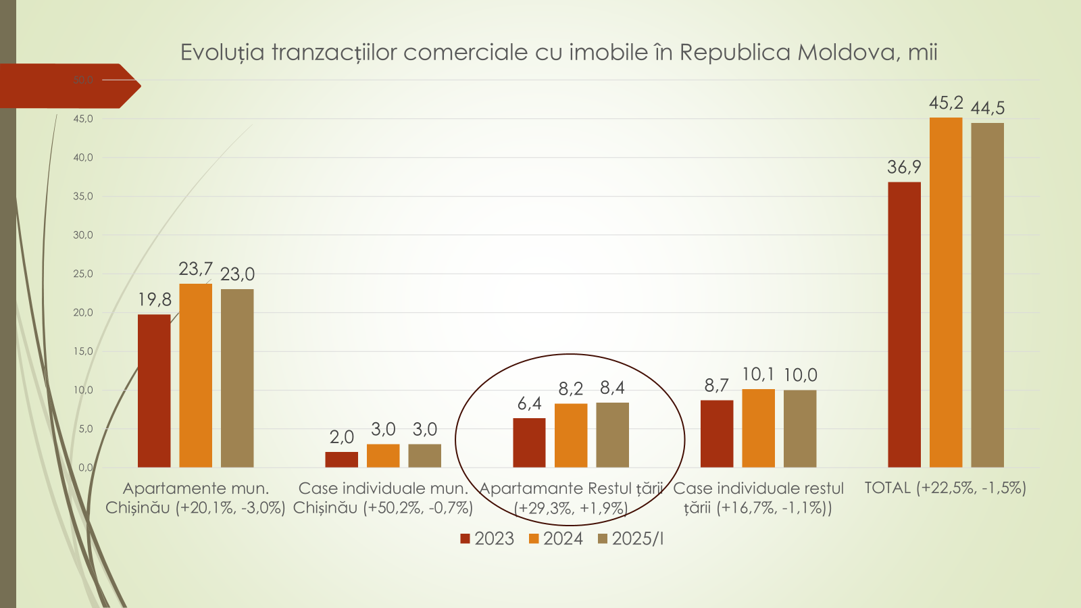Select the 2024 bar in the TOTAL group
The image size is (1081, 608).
946,293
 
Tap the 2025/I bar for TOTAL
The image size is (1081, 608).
987,295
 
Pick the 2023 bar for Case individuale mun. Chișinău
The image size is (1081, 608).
342,460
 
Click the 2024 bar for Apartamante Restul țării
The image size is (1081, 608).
571,436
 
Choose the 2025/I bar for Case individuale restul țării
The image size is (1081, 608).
800,428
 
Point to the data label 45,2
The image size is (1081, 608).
946,103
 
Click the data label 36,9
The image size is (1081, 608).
904,167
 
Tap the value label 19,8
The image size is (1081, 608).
155,299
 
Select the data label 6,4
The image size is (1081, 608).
529,403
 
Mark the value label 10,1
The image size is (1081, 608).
758,374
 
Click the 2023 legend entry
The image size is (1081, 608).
487,538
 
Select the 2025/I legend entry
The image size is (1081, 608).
631,538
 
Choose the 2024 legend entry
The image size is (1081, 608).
556,538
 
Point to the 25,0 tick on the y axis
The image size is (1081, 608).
83,274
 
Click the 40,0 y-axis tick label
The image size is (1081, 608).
83,157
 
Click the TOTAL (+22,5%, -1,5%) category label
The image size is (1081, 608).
945,488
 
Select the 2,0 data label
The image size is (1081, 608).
342,437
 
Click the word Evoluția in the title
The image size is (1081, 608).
222,52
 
